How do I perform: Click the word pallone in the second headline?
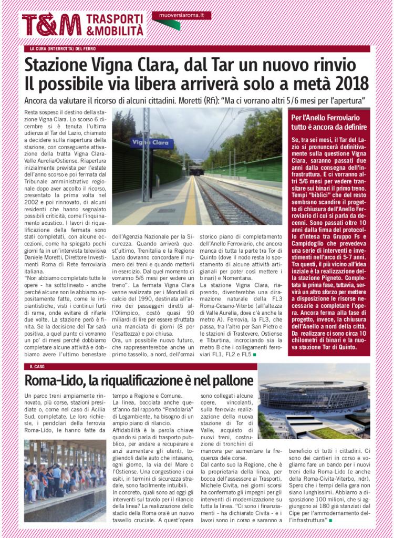pyautogui.click(x=229, y=379)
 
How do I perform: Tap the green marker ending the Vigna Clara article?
pyautogui.click(x=254, y=356)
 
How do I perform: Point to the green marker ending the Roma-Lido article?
pyautogui.click(x=330, y=520)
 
